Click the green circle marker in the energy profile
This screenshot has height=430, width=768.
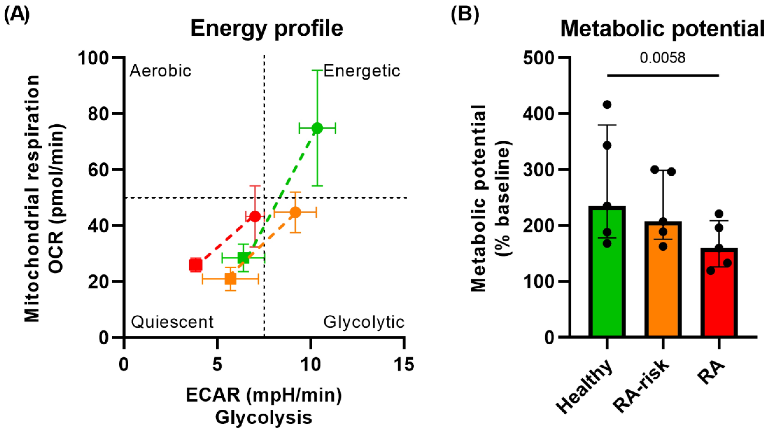pos(317,128)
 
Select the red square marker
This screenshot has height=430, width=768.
pos(196,265)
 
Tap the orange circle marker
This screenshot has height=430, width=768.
pos(295,213)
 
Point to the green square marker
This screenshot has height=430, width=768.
pos(243,258)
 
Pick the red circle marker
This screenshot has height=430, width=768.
pos(255,216)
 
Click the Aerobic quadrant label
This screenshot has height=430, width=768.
pos(160,71)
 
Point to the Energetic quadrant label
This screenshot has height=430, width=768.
pos(362,71)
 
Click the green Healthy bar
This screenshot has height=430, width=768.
pos(607,274)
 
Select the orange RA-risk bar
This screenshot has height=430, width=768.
pos(663,280)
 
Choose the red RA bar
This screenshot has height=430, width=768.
pos(719,294)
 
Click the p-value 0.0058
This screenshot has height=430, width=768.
pos(662,58)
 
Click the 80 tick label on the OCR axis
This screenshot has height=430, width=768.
pos(98,114)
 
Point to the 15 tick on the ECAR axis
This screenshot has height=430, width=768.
pos(404,364)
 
